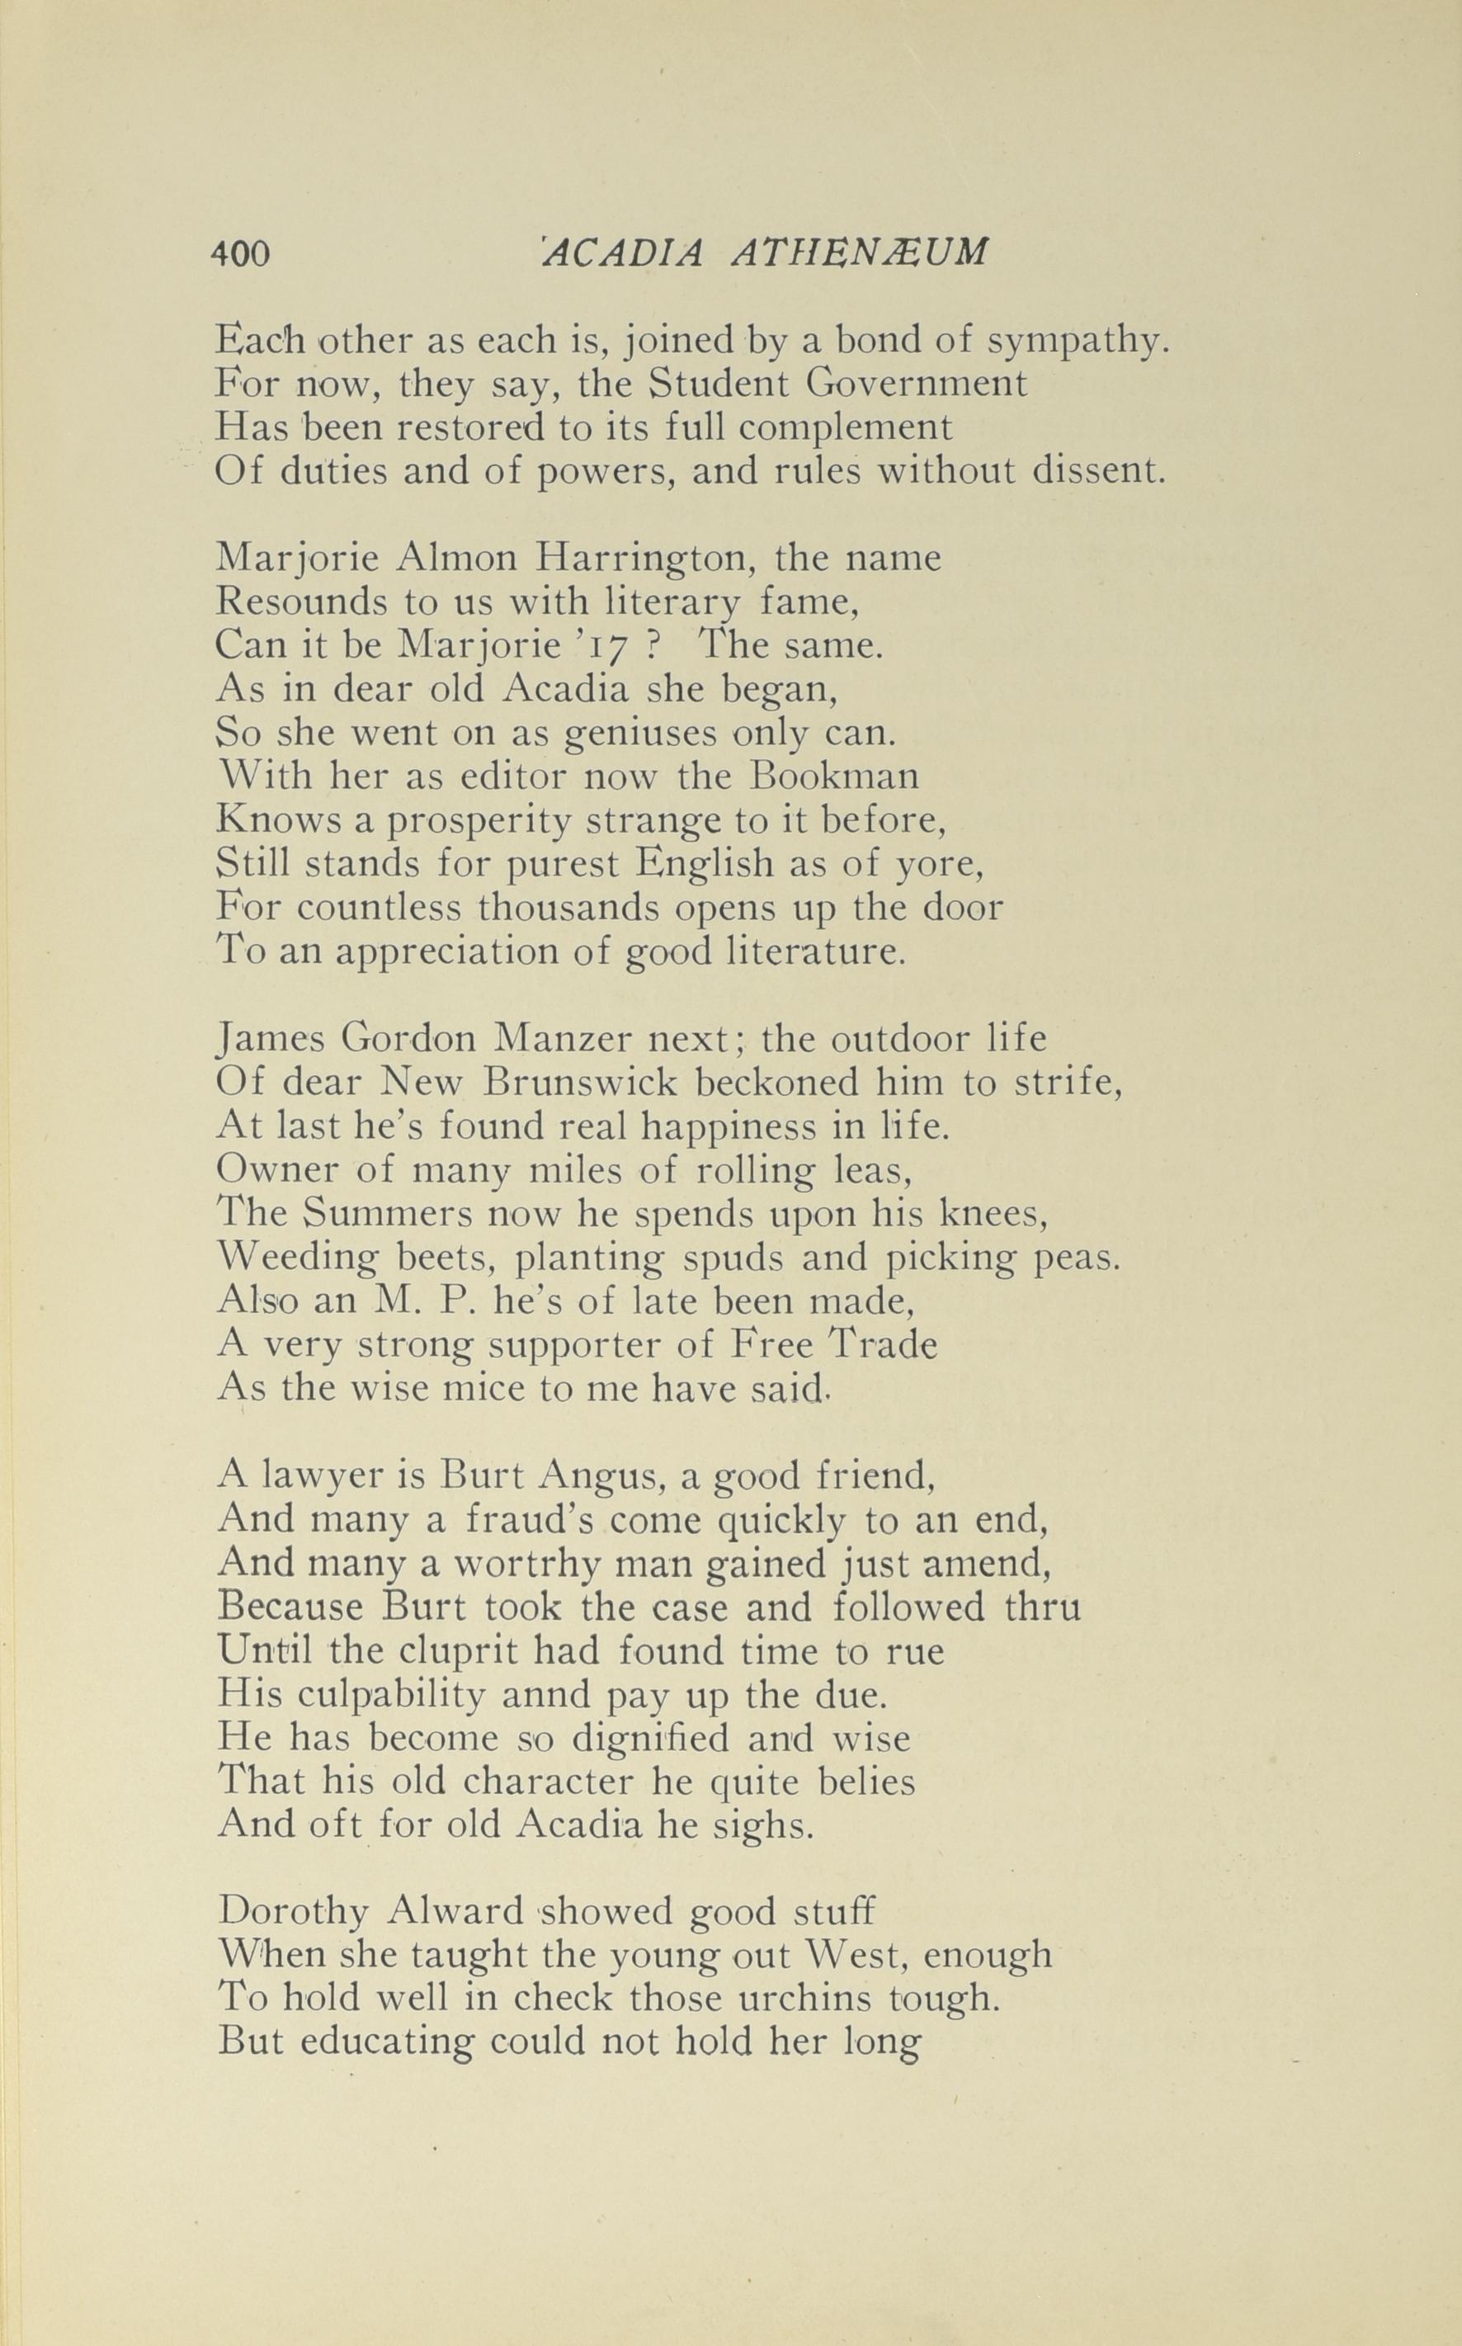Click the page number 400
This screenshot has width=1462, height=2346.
click(240, 254)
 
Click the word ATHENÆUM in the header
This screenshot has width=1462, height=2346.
click(861, 253)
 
